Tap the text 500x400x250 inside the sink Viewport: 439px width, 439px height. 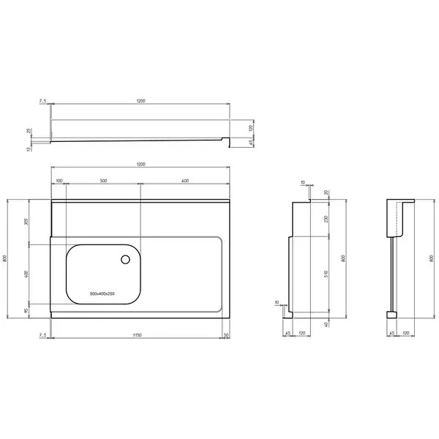click(102, 293)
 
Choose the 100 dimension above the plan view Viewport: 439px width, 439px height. click(59, 181)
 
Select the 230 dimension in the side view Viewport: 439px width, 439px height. click(326, 219)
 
